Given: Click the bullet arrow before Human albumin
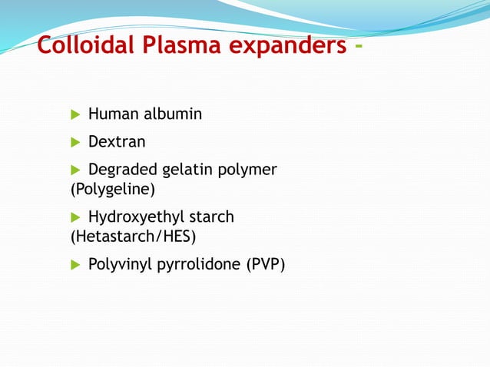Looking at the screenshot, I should pos(75,114).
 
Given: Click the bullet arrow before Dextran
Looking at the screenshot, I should pos(75,142).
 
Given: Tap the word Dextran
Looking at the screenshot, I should pos(117,142).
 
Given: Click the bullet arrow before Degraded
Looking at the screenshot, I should pos(75,170).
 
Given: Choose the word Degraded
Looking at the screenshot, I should pos(121,170).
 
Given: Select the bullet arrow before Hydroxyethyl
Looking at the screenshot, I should pos(75,217).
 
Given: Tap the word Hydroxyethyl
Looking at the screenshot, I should pos(135,218).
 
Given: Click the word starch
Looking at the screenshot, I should pos(210,217).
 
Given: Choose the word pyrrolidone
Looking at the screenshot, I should pos(203,266).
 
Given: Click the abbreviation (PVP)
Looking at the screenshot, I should pos(266,266).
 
